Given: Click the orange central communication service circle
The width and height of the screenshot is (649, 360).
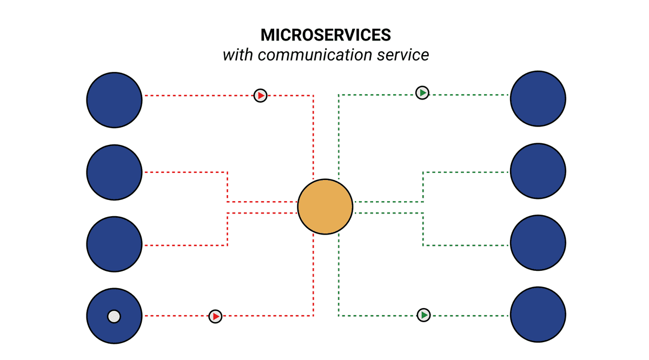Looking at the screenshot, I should click(x=325, y=206).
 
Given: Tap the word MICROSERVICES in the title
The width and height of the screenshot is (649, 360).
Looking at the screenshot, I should click(x=326, y=35).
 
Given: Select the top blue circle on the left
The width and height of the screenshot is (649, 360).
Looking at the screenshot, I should click(x=114, y=99).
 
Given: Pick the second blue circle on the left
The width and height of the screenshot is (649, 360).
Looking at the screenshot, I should click(x=114, y=172).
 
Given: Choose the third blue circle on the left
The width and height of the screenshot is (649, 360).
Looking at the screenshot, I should click(x=114, y=244).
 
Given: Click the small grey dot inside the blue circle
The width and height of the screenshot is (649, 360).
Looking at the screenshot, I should click(x=114, y=316).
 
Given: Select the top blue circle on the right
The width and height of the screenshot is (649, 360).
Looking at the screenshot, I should click(x=538, y=98).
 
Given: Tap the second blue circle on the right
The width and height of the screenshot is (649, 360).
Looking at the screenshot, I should click(x=538, y=171).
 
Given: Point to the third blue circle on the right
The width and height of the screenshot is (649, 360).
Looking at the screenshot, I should click(x=538, y=243).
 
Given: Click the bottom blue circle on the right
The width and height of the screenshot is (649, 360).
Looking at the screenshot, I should click(x=538, y=315).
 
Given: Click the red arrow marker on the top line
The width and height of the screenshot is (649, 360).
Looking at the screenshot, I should click(x=261, y=96).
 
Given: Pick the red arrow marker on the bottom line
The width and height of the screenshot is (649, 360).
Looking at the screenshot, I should click(x=215, y=316).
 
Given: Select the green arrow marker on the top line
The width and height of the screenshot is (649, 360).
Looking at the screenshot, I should click(x=422, y=93).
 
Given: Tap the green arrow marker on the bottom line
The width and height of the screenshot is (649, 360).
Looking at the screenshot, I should click(x=424, y=315).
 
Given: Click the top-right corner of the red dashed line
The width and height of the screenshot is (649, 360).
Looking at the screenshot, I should click(x=314, y=96).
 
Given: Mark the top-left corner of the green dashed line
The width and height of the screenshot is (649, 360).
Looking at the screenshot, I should click(x=339, y=95).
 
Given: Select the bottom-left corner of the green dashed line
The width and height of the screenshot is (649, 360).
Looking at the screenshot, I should click(x=339, y=316).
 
